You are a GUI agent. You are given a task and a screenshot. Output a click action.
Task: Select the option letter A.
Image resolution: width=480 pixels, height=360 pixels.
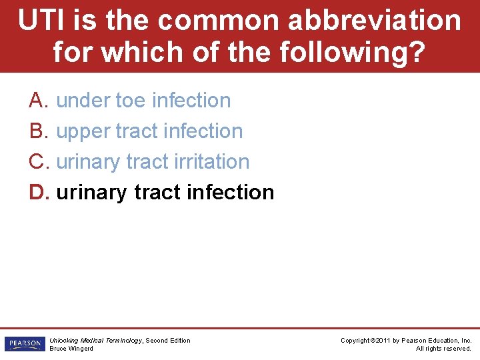(37, 101)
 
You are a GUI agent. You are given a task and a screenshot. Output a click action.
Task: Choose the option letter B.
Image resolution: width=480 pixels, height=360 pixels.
(37, 131)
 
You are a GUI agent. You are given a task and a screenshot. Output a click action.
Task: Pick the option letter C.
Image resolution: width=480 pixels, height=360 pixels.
(37, 162)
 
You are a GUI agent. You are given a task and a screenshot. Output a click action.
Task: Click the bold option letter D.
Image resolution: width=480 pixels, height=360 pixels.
(38, 193)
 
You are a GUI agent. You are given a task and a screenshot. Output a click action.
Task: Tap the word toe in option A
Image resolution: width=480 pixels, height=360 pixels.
(131, 101)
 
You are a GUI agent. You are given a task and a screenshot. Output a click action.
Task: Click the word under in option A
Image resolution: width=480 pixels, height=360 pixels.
(83, 101)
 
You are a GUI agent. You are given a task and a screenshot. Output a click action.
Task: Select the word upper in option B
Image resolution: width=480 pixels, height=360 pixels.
(83, 132)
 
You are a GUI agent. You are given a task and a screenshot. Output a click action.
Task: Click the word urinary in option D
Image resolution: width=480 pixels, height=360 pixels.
(92, 193)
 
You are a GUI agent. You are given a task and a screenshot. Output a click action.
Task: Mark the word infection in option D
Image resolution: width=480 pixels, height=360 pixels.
(231, 193)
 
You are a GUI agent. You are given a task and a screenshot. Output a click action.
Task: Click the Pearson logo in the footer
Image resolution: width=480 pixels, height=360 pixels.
(24, 344)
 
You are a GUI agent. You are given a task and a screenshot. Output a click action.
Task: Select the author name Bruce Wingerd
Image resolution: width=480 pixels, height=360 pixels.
(71, 349)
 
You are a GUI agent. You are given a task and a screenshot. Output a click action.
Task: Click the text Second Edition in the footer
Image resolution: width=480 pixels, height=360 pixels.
(168, 341)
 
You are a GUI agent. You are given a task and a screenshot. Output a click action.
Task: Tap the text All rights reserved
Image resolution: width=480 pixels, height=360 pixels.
(443, 349)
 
